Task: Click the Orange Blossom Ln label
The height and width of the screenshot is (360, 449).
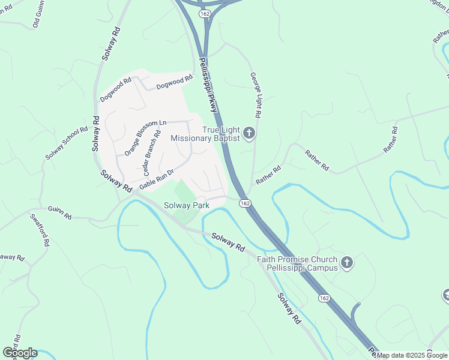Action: (145, 138)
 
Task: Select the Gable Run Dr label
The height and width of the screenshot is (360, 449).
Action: (156, 179)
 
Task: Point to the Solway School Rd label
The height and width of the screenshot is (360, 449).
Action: (67, 143)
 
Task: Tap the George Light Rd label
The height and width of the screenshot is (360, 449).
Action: (255, 95)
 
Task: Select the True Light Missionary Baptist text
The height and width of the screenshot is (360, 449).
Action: (205, 134)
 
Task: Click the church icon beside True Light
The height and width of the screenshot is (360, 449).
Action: (250, 134)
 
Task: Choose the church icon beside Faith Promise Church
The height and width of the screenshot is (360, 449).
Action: (346, 263)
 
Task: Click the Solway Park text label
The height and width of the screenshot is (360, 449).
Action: (186, 206)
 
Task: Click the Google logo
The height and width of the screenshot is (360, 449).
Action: (20, 353)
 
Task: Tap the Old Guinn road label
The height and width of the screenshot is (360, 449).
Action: (39, 15)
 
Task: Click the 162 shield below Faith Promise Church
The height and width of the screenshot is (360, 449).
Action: (324, 298)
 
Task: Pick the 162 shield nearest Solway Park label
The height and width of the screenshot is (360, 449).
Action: (245, 203)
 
